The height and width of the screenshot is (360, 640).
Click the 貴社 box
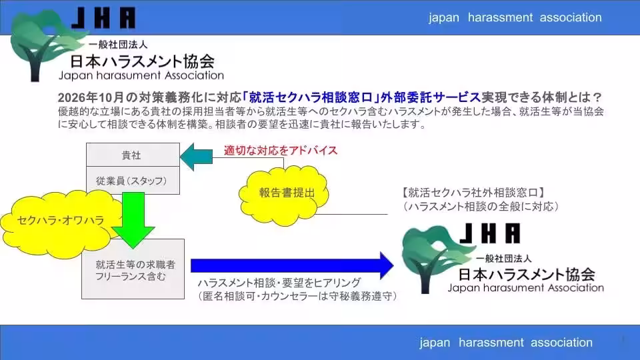point(133,155)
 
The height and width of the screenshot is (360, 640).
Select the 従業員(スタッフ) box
point(133,180)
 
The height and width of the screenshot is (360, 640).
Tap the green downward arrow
point(133,219)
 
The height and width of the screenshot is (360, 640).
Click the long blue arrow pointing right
point(292,266)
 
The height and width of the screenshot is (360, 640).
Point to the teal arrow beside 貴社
point(196,157)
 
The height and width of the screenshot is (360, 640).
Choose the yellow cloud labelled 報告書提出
point(284,195)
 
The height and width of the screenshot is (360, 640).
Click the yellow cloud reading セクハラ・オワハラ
point(61,223)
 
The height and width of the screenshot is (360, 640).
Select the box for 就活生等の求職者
point(133,269)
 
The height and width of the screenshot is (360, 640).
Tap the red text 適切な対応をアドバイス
point(281,150)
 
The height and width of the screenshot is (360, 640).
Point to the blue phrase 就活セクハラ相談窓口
point(311,97)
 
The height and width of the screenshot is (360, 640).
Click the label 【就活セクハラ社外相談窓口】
point(473,192)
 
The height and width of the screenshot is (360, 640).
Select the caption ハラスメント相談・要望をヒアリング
point(279,283)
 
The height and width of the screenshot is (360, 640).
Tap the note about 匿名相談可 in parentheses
point(297,296)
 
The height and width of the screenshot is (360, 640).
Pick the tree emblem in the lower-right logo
point(435,258)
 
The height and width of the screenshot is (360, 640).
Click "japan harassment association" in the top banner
point(515,17)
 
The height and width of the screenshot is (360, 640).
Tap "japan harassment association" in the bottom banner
point(506,342)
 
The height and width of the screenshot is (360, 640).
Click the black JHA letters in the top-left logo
point(103,18)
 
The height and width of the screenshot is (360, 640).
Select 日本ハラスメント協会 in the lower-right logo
point(527,274)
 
